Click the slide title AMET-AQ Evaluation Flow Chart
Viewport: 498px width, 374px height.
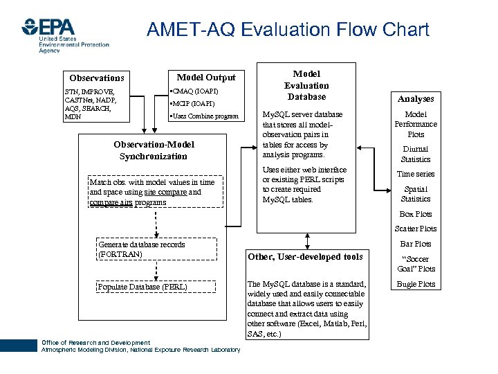[x=288, y=30]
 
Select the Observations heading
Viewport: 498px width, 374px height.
[x=97, y=78]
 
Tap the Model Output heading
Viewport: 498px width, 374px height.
[x=206, y=78]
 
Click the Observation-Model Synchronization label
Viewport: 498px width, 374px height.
[x=154, y=150]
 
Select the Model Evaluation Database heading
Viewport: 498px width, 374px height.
[x=306, y=85]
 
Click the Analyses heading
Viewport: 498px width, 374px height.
[x=416, y=99]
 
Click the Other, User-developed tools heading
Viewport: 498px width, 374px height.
[x=305, y=257]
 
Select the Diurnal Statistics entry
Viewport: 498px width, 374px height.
[x=416, y=154]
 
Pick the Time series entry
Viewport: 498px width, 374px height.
[x=416, y=174]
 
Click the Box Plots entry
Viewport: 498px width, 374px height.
[x=416, y=214]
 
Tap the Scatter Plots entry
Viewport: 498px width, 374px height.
[x=416, y=229]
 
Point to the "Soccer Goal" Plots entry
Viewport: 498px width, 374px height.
[x=416, y=264]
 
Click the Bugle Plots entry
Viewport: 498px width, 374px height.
[x=416, y=284]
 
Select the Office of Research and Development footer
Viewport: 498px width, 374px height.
[x=95, y=343]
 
